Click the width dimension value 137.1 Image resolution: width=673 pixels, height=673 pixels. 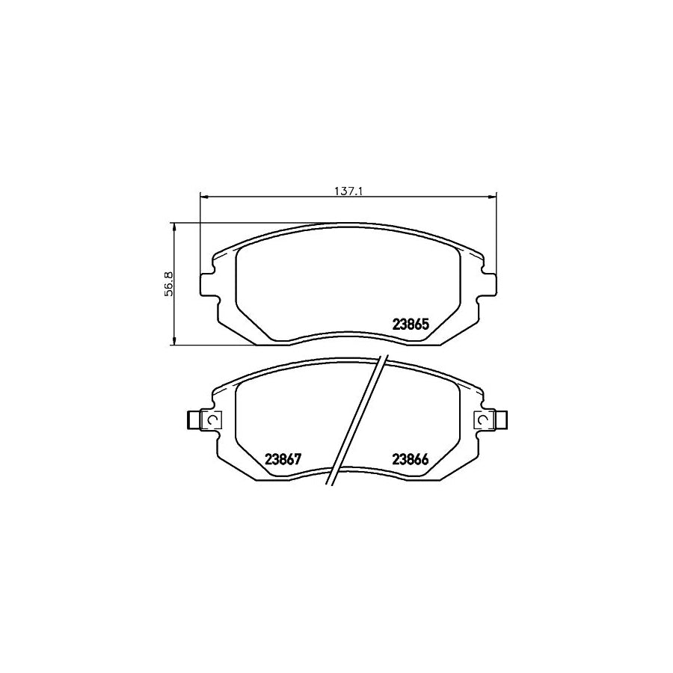coord(348,191)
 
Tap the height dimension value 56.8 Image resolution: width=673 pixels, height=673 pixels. coord(169,284)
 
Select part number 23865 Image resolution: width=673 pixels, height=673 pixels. coord(410,325)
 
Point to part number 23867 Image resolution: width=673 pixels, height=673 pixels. coord(283,460)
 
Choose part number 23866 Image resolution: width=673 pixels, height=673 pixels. coord(410,460)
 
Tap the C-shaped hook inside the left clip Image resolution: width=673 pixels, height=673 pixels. coord(212,422)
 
